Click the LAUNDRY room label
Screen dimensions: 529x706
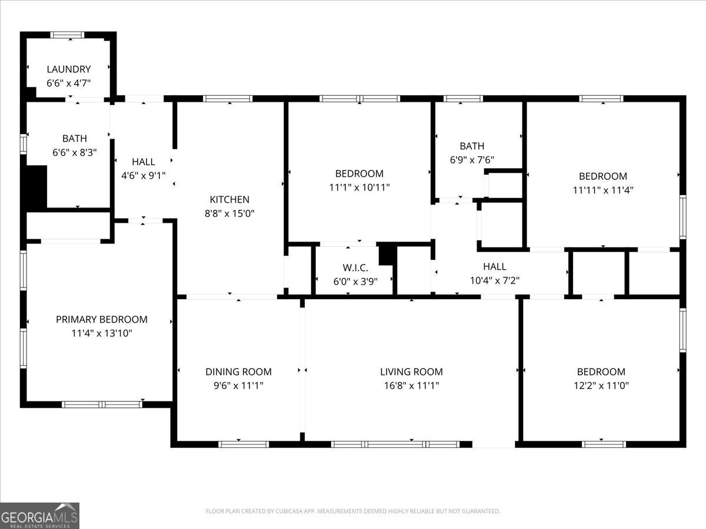(69, 69)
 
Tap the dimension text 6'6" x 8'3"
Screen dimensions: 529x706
(74, 152)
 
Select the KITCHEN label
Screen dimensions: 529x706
(229, 199)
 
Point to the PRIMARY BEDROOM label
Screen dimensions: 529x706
(101, 319)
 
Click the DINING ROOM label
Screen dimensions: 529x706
(238, 371)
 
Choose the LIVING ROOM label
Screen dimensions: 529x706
(411, 371)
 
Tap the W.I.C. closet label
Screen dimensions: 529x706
(355, 267)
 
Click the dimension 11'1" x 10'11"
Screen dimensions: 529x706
(359, 188)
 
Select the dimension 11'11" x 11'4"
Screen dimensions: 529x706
(603, 190)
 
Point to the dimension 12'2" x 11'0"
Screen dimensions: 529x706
(601, 386)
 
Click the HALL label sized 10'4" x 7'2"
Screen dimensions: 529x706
(494, 267)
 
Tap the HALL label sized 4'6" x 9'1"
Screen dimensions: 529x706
(144, 162)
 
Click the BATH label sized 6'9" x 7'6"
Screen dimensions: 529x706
(472, 146)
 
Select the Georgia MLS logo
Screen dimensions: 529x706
(39, 515)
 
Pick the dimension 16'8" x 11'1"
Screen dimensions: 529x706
(411, 386)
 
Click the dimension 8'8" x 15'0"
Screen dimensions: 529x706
(229, 213)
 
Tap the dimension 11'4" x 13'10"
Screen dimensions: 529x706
(101, 333)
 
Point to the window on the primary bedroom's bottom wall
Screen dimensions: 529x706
(102, 404)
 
